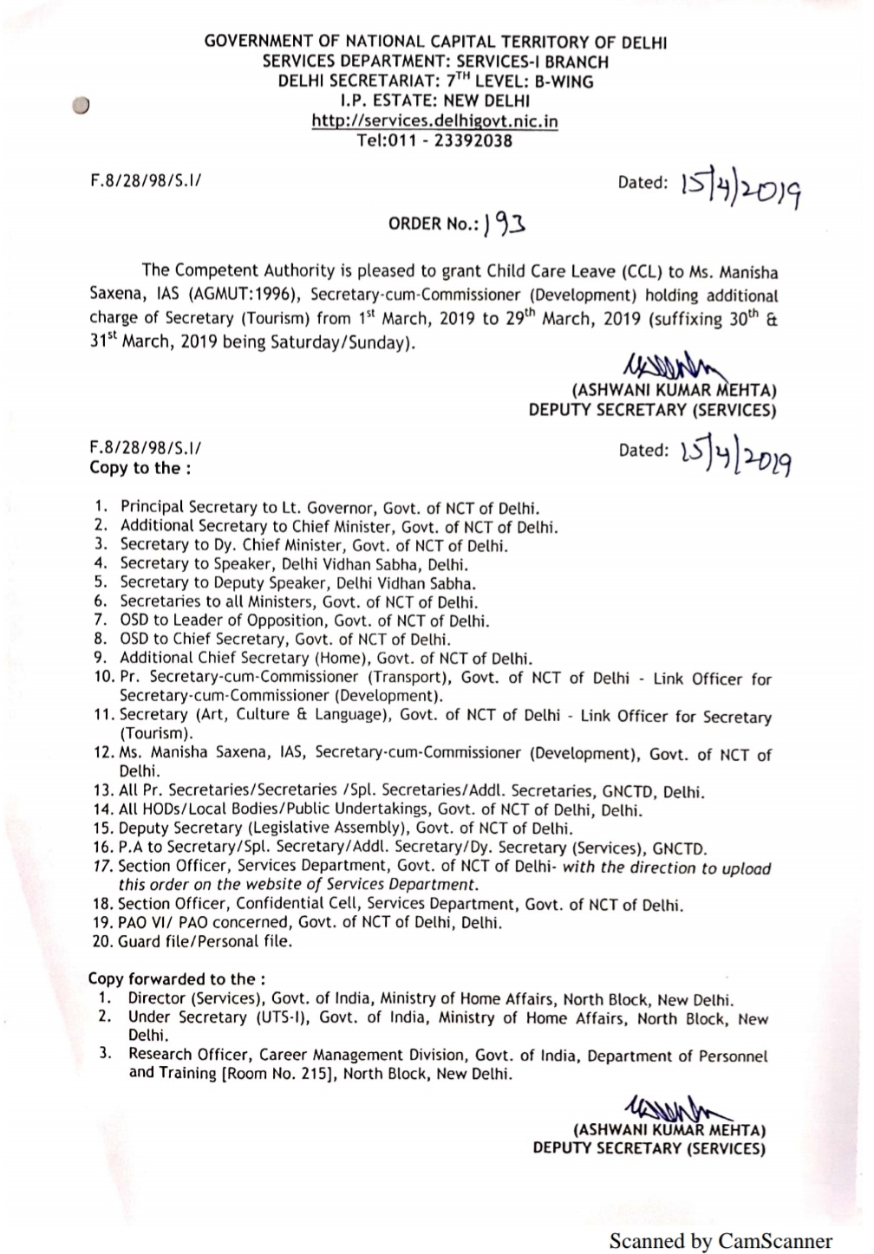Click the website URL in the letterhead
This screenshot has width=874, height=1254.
434,121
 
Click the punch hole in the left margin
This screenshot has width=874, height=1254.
82,105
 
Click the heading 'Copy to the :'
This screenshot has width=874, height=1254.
140,468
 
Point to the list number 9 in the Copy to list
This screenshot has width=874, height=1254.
101,658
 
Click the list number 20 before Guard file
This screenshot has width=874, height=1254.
102,941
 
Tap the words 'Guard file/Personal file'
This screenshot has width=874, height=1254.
205,941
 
